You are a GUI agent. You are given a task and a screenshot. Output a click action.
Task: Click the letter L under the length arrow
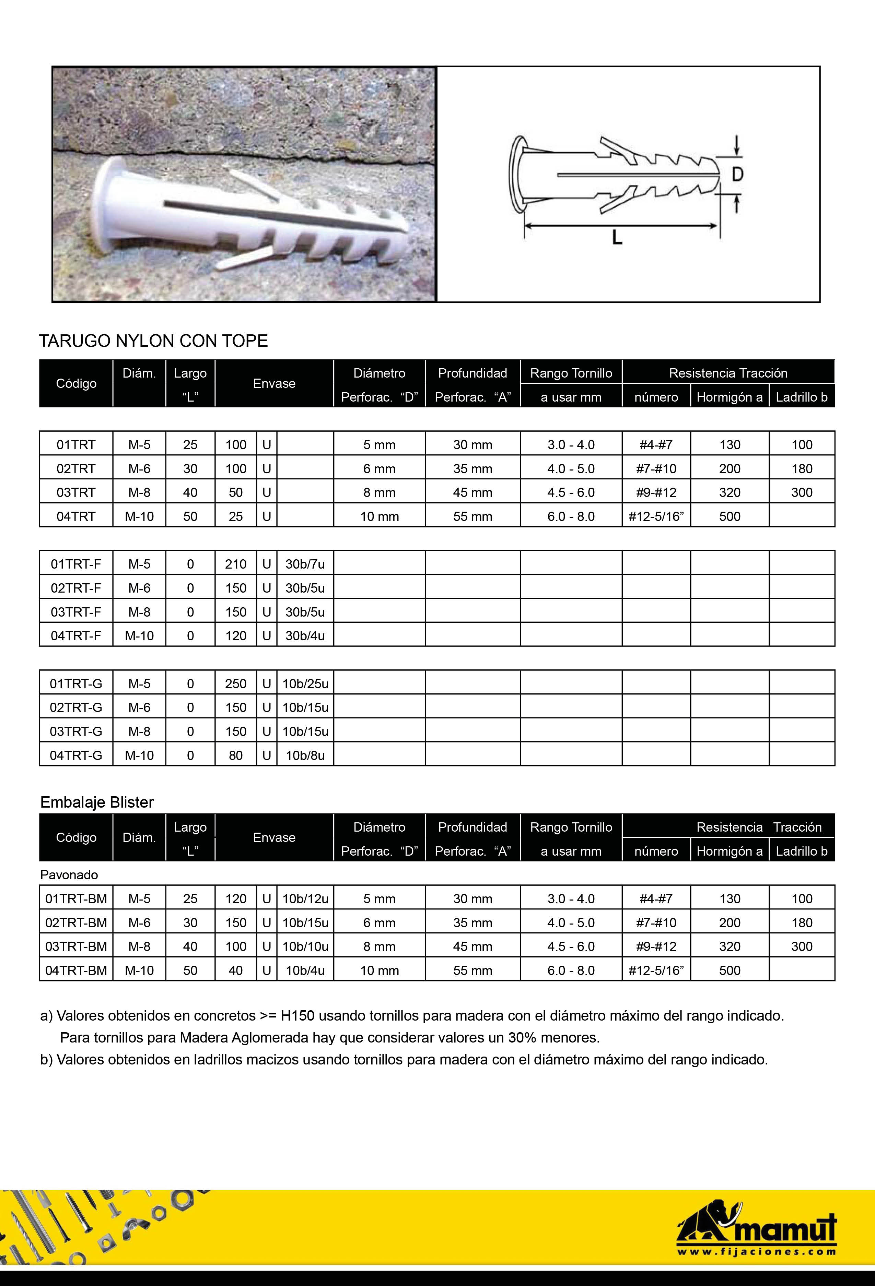[617, 238]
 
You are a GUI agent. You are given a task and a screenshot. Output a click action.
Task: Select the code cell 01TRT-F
[76, 564]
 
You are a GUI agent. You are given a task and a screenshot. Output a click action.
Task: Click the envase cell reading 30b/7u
[305, 564]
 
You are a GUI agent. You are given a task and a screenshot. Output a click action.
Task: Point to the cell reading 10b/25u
[305, 684]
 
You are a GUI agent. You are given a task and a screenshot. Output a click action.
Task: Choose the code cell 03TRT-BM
[76, 946]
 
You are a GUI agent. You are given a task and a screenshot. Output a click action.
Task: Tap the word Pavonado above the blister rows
[69, 875]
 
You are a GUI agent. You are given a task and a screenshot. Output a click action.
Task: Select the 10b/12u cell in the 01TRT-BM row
[305, 898]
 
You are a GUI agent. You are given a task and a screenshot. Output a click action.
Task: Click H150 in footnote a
[297, 1016]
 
